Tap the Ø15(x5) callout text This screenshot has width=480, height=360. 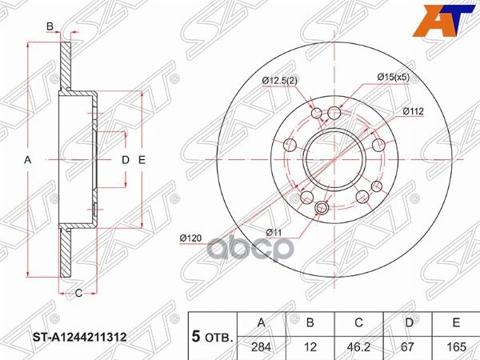(x=394, y=77)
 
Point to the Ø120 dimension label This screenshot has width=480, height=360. (x=191, y=238)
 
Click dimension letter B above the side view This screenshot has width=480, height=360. (x=50, y=27)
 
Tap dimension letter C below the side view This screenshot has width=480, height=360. (x=79, y=293)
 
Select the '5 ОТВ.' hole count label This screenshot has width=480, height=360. (x=210, y=337)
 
